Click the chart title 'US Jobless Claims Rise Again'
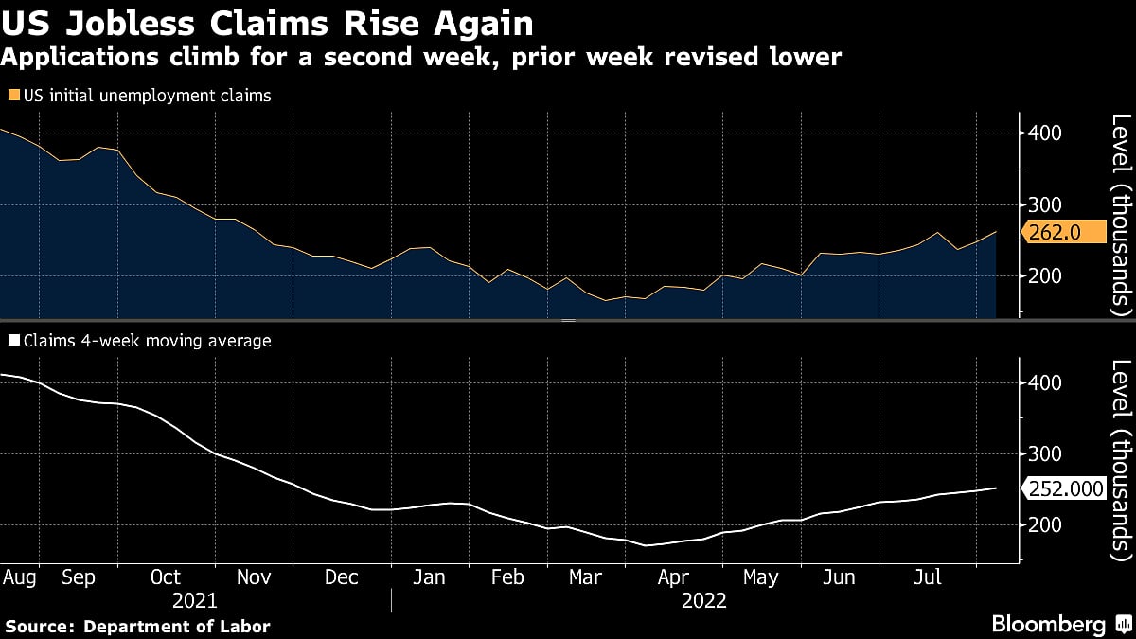[267, 23]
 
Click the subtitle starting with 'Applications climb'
[420, 58]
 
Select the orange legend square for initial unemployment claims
[12, 96]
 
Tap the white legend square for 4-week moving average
[12, 341]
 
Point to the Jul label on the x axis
[926, 577]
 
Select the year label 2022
[703, 600]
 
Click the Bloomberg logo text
[1048, 624]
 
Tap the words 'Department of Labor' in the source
[177, 626]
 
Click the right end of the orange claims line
[996, 232]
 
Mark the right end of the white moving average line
[996, 488]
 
